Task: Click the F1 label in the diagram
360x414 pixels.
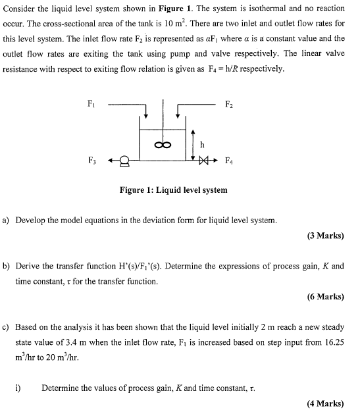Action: (91, 103)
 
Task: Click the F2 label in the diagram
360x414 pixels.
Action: (228, 103)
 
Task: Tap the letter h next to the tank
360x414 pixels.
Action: (202, 144)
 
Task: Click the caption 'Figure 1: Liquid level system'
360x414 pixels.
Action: (173, 190)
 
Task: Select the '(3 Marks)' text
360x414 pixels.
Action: (325, 236)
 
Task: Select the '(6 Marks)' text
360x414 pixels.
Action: (325, 297)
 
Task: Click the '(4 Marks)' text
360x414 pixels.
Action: (325, 403)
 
